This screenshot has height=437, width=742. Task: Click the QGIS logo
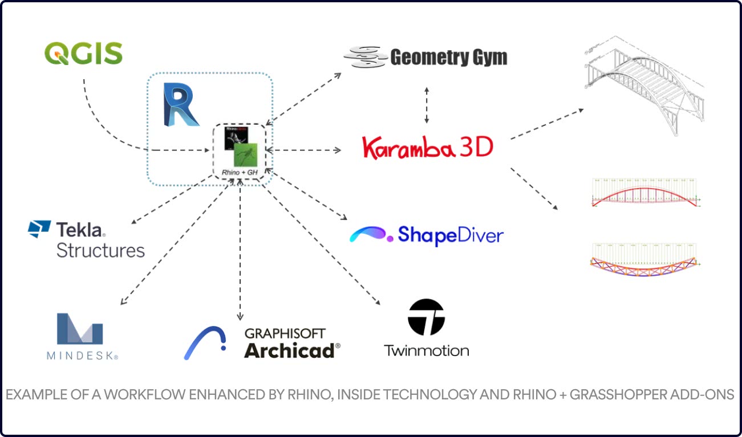click(x=83, y=54)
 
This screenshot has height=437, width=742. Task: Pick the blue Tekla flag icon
click(x=39, y=229)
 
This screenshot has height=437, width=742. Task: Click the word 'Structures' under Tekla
click(x=100, y=251)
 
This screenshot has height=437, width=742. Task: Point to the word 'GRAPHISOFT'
click(x=285, y=333)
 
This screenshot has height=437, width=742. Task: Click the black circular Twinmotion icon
click(x=426, y=317)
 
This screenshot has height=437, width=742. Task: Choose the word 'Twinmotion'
click(x=427, y=350)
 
